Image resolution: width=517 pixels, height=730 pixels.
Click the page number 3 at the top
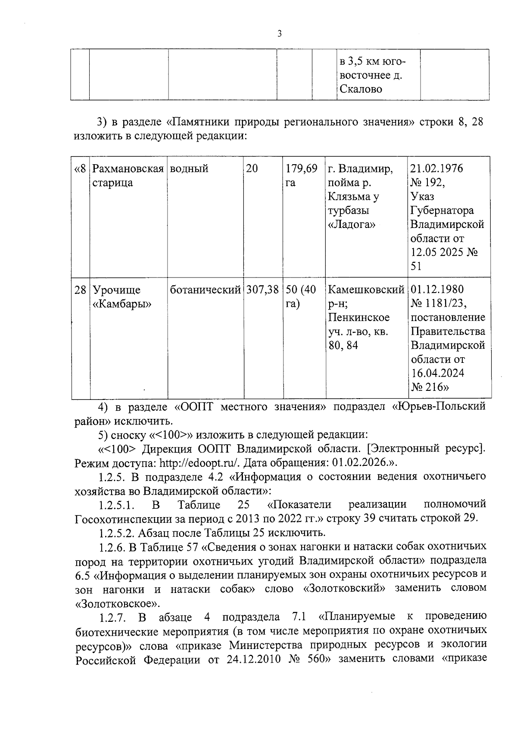[x=280, y=34]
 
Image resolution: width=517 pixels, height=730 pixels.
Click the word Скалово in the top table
[x=361, y=90]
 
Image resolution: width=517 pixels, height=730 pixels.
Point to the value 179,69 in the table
[x=302, y=168]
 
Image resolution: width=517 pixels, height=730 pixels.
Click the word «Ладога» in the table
[x=352, y=225]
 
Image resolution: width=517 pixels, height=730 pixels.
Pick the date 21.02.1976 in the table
[x=436, y=168]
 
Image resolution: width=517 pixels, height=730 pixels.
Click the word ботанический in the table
[x=206, y=290]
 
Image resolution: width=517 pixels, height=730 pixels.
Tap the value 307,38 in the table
[x=262, y=290]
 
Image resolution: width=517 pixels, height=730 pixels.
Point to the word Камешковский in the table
[x=366, y=290]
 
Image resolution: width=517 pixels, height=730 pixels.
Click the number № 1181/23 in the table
[x=439, y=304]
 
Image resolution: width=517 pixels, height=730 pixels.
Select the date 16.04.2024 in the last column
[x=437, y=373]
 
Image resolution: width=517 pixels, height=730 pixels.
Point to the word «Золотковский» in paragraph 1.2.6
[x=344, y=588]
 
